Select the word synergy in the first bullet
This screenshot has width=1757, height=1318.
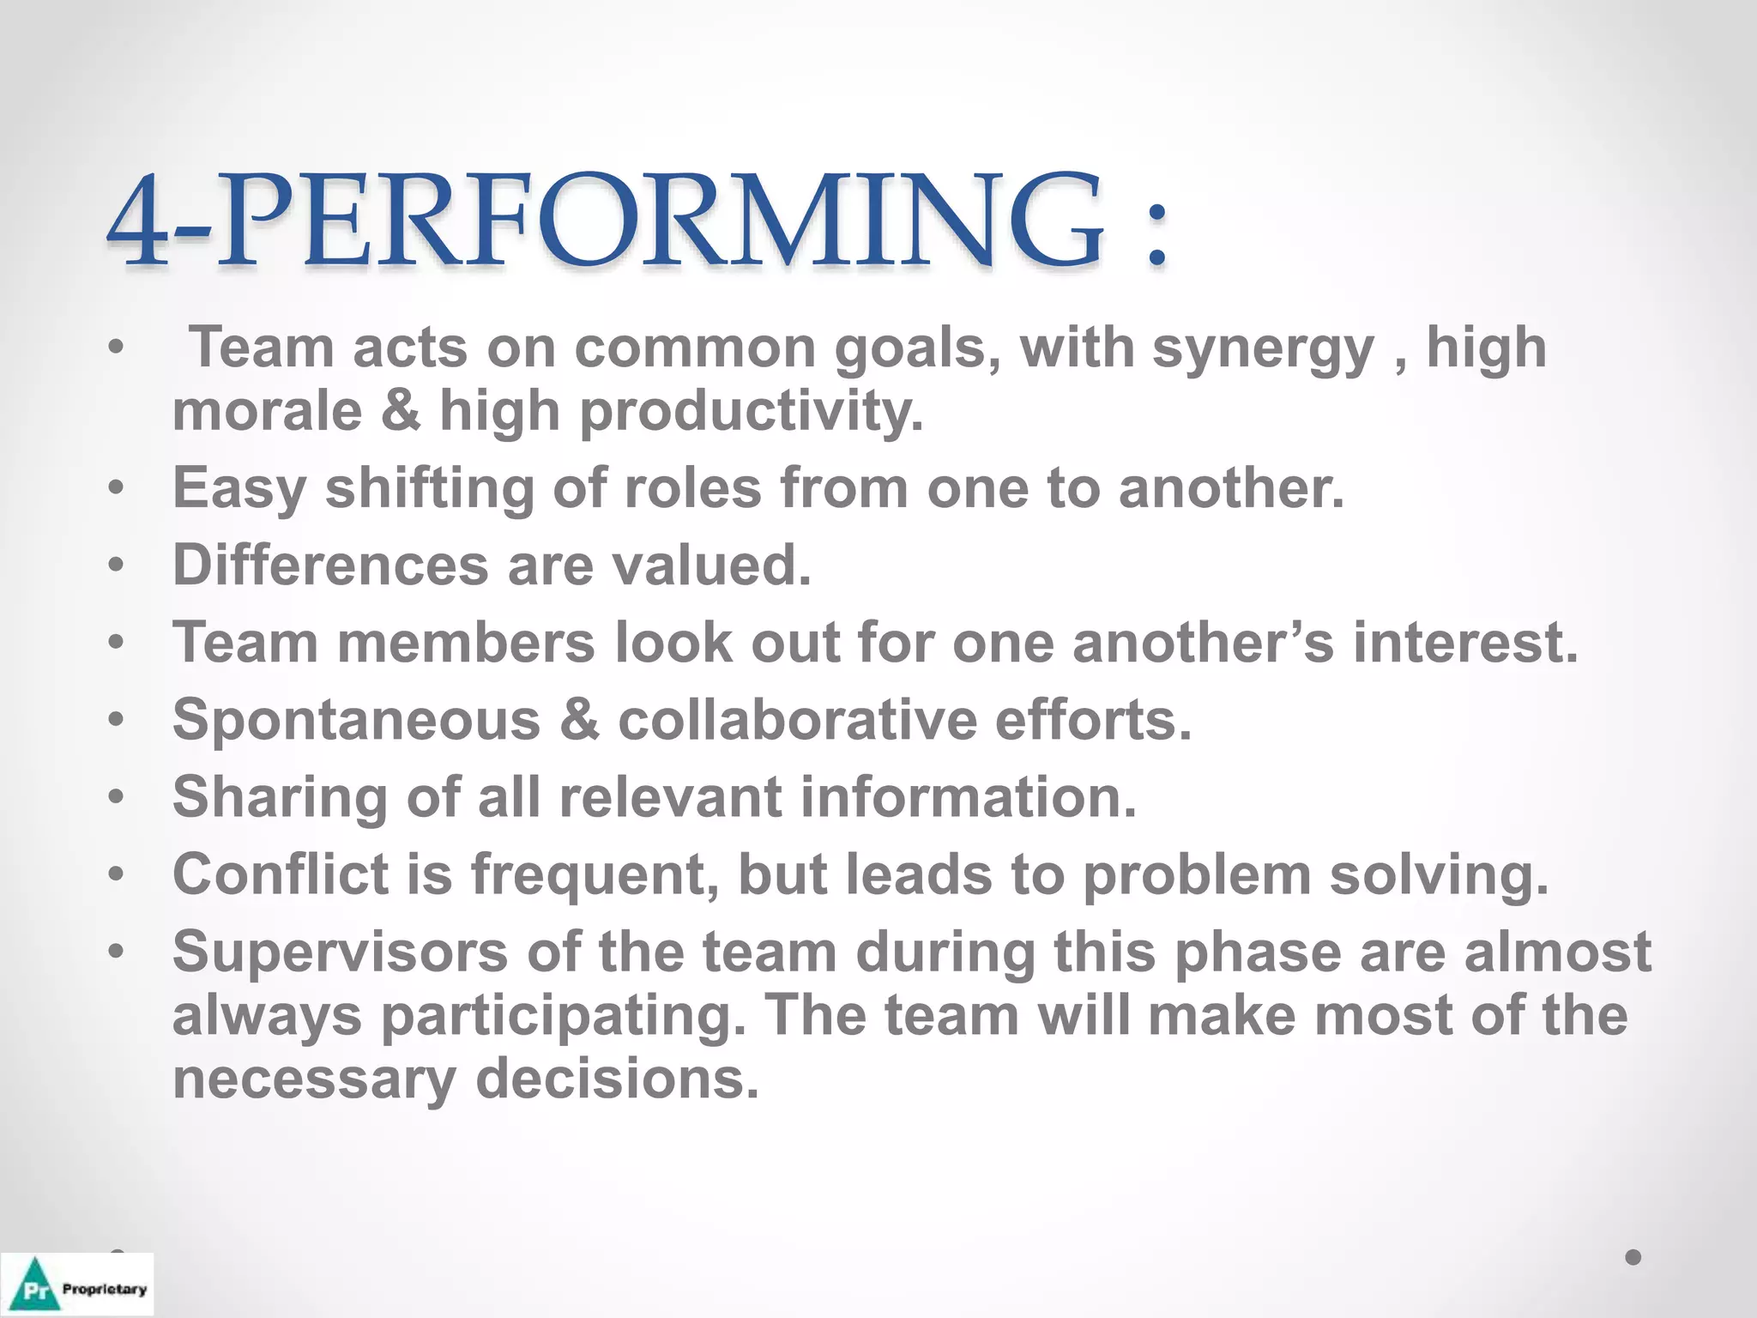(1263, 349)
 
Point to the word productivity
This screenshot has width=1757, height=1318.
(752, 412)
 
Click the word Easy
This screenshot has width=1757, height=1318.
(239, 488)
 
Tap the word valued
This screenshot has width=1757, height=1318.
(711, 565)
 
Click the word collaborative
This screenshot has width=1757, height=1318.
(797, 720)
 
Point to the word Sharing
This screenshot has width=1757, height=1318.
(280, 797)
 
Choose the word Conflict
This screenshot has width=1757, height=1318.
(281, 874)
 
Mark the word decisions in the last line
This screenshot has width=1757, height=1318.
(617, 1079)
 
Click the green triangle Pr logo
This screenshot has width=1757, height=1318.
(33, 1286)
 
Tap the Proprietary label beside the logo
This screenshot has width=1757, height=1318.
(104, 1289)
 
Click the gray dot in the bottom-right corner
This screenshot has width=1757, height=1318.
(1633, 1257)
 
